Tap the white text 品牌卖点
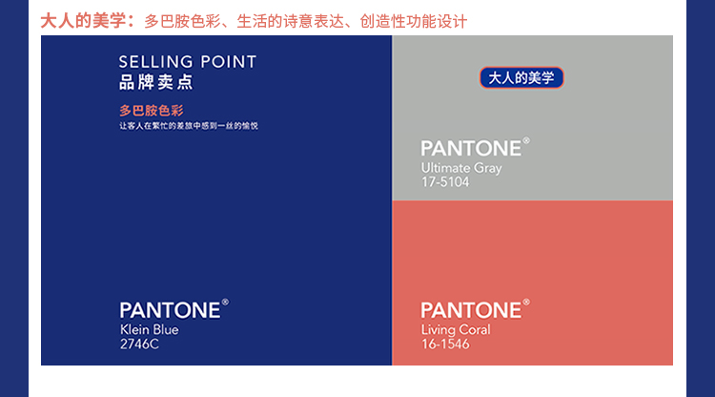click(156, 82)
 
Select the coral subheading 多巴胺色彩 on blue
click(152, 111)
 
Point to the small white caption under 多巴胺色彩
click(189, 126)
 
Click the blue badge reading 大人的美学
click(521, 78)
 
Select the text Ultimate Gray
click(461, 168)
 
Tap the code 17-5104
click(445, 182)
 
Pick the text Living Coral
click(456, 330)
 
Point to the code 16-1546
click(445, 345)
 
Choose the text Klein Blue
click(149, 329)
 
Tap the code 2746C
click(139, 345)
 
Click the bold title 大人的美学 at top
click(83, 21)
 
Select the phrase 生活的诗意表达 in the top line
click(290, 21)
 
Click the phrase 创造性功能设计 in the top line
click(414, 21)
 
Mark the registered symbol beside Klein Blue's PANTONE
click(225, 303)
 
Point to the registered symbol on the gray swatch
click(526, 140)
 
